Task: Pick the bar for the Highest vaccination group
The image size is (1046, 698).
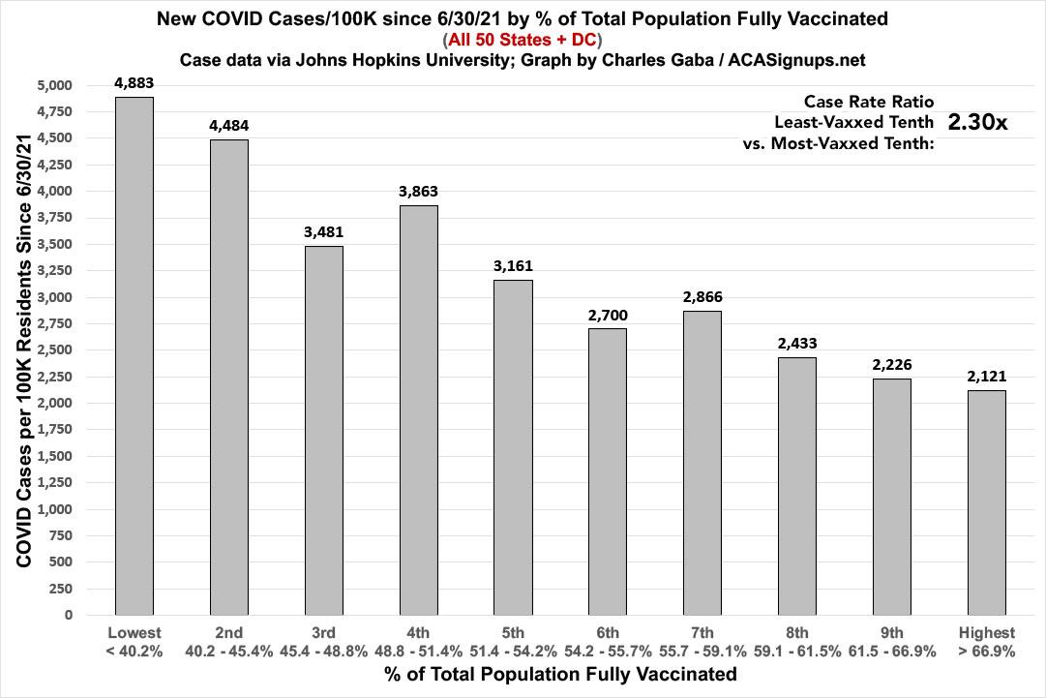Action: (x=988, y=502)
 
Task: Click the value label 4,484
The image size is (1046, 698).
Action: (x=229, y=125)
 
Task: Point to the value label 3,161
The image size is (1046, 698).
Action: (x=514, y=265)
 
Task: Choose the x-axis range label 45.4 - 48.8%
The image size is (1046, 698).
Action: (x=324, y=652)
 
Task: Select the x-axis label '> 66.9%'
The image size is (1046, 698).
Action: (x=988, y=652)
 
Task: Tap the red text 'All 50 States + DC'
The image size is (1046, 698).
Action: (x=523, y=40)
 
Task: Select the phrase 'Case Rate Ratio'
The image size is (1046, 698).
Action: (x=868, y=102)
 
